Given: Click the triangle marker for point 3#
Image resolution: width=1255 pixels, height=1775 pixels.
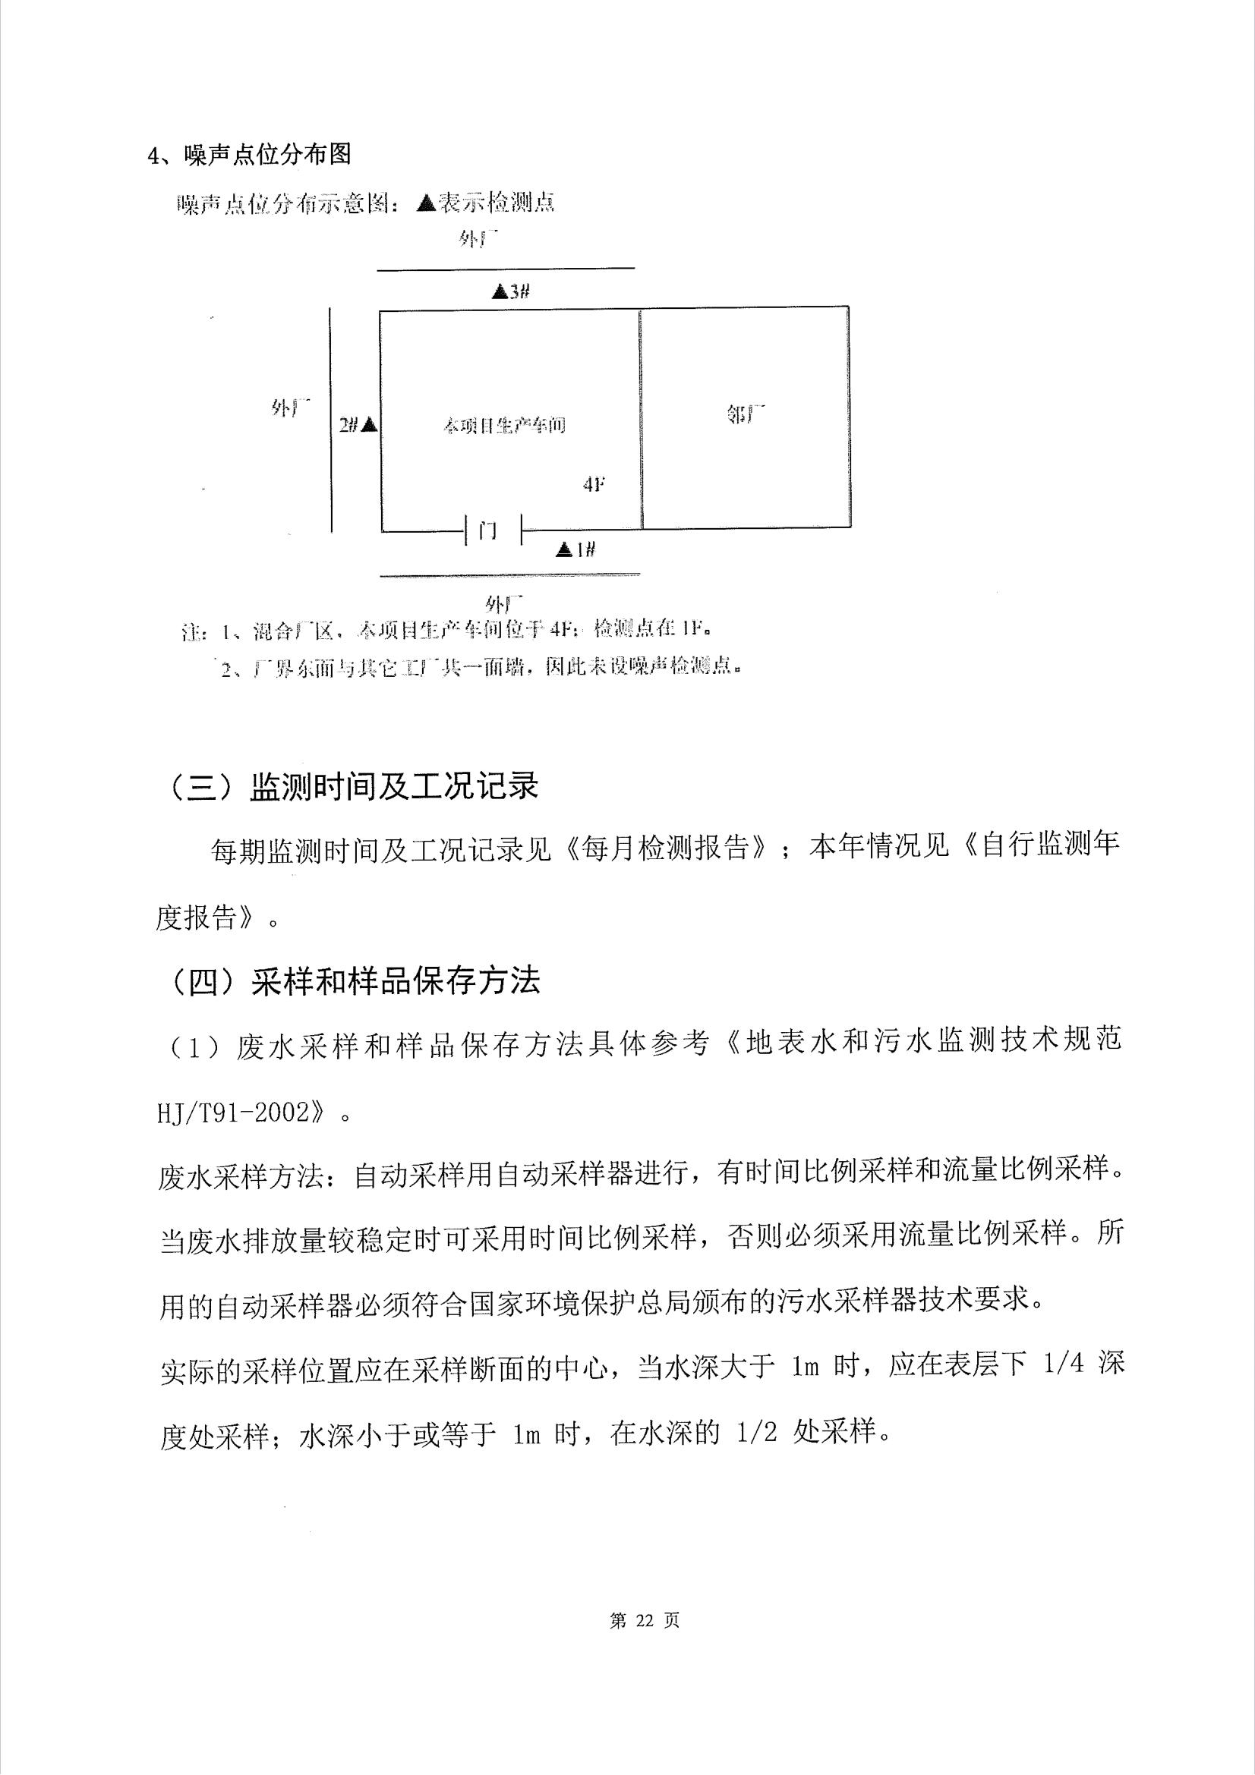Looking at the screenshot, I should click(x=500, y=292).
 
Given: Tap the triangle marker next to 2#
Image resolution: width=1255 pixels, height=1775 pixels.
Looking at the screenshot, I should click(x=370, y=423).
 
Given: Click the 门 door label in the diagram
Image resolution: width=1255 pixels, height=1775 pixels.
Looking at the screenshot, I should click(x=487, y=531).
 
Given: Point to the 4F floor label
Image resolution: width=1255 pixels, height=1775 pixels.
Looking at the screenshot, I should click(x=593, y=485).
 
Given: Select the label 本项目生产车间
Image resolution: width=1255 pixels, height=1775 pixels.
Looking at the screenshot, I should click(x=504, y=425).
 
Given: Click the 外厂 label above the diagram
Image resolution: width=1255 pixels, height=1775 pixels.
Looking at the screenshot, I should click(x=476, y=239).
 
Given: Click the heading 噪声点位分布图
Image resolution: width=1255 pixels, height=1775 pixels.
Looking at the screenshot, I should click(x=267, y=155).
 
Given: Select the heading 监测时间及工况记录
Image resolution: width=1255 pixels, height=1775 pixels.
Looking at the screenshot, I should click(x=393, y=787).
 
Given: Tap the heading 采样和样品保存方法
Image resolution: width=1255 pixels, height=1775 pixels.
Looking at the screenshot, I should click(x=395, y=981).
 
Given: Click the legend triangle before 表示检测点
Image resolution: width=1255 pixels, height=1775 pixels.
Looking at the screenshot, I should click(x=426, y=203).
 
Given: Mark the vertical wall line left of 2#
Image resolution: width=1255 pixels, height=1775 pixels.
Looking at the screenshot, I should click(x=331, y=417).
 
